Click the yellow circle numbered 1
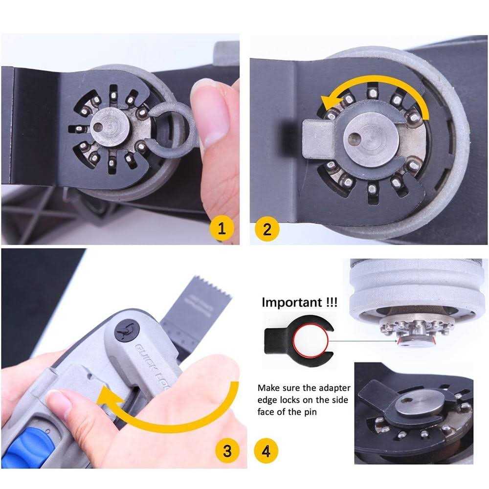point(222,229)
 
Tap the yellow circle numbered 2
point(267,229)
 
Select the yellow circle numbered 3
point(227,450)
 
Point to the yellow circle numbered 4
point(266,450)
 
